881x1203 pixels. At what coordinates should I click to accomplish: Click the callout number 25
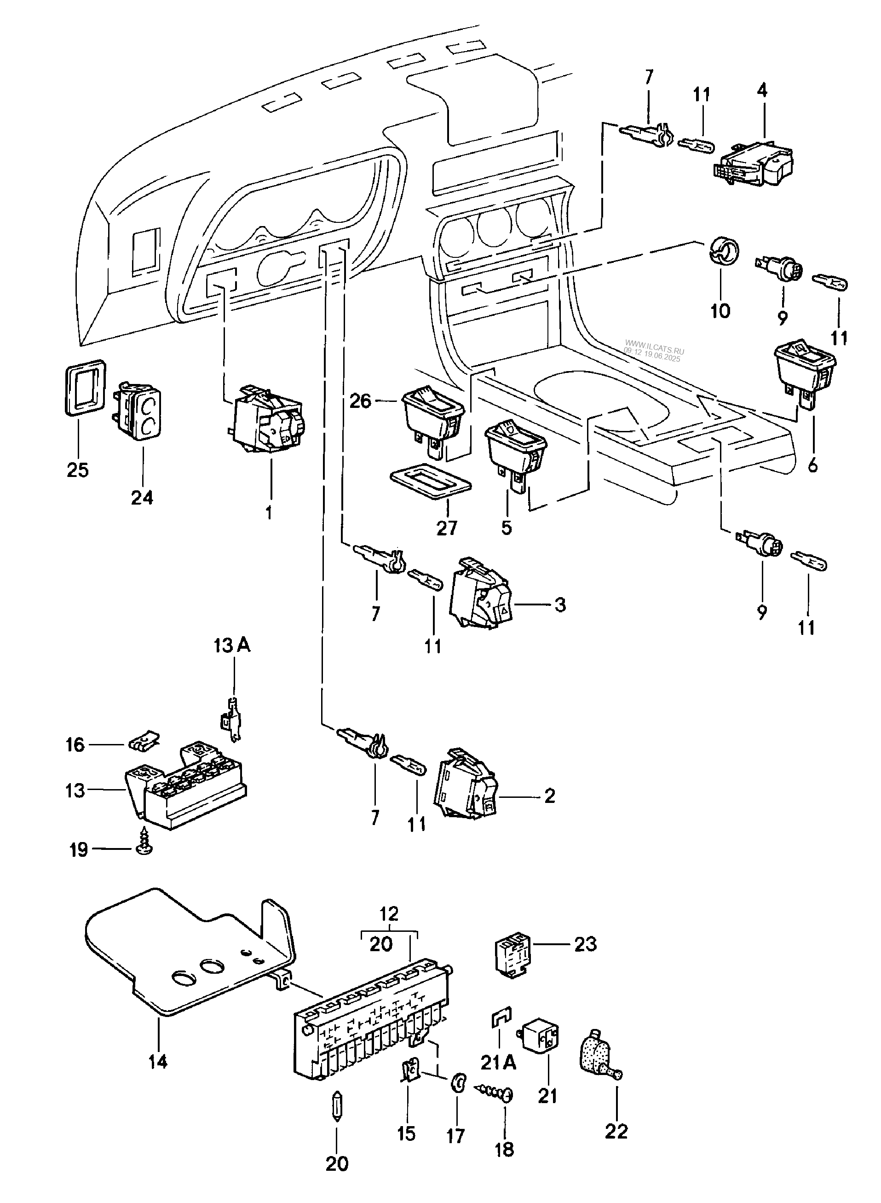click(77, 470)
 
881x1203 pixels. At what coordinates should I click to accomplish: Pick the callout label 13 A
click(232, 646)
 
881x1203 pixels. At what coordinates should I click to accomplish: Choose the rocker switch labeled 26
click(433, 419)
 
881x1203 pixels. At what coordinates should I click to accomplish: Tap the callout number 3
click(559, 604)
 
